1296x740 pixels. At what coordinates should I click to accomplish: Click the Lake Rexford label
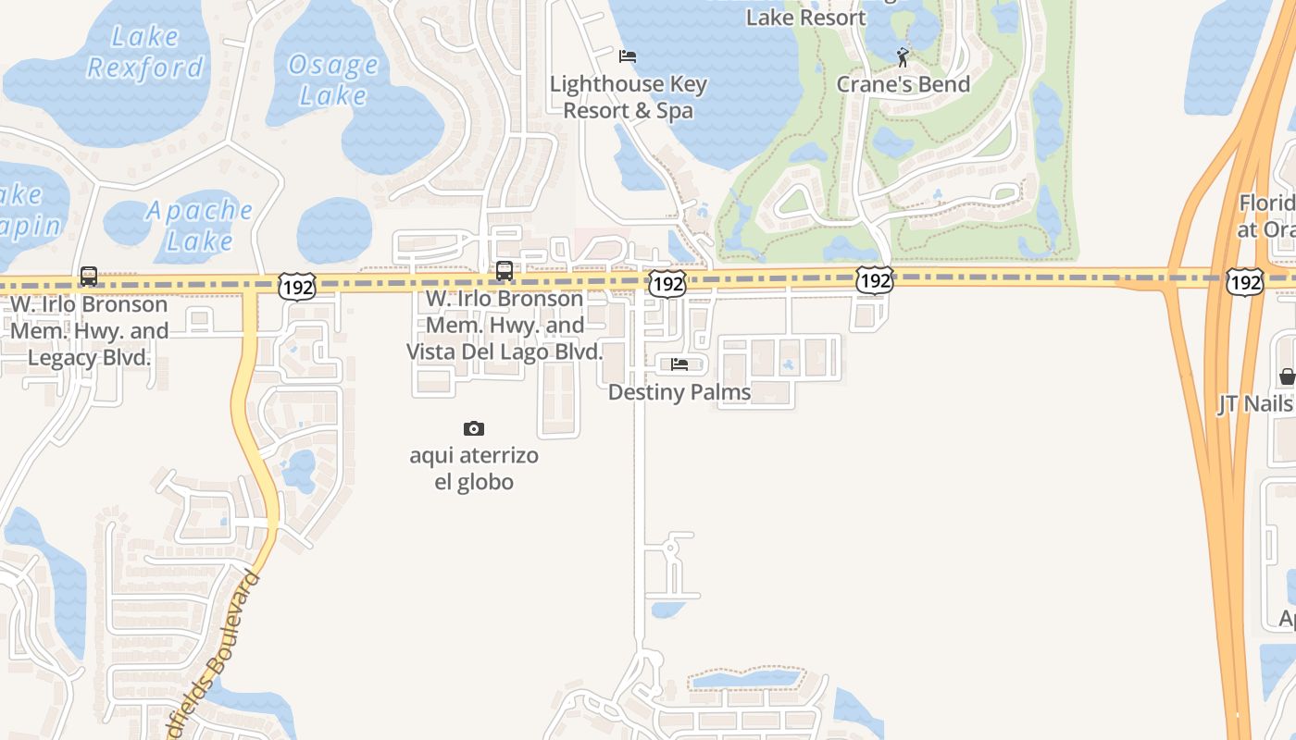[144, 52]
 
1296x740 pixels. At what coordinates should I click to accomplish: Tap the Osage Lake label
[333, 80]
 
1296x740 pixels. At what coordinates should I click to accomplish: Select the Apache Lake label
[199, 226]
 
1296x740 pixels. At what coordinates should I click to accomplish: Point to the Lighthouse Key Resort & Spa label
[629, 97]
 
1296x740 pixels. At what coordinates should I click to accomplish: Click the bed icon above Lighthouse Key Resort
[628, 56]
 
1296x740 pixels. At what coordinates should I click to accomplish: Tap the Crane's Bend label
[903, 84]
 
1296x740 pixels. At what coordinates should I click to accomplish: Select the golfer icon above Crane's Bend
[903, 57]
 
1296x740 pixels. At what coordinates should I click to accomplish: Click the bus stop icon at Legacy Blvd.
[89, 276]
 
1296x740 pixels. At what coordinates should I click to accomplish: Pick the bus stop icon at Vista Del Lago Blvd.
[505, 271]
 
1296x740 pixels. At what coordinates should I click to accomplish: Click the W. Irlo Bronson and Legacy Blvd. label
[89, 330]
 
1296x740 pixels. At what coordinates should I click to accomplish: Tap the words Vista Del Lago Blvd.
[505, 351]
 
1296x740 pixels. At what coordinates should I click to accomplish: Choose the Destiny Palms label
[679, 392]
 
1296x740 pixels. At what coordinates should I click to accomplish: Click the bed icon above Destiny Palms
[679, 364]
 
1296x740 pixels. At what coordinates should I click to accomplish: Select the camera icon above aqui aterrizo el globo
[474, 428]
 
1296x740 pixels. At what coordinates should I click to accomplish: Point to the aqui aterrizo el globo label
[474, 469]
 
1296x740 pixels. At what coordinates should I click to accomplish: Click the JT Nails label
[1254, 404]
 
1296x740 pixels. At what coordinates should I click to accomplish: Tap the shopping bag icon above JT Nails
[1287, 376]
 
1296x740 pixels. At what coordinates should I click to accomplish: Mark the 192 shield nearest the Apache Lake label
[297, 287]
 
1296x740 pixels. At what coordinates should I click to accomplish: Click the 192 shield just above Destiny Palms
[667, 284]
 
